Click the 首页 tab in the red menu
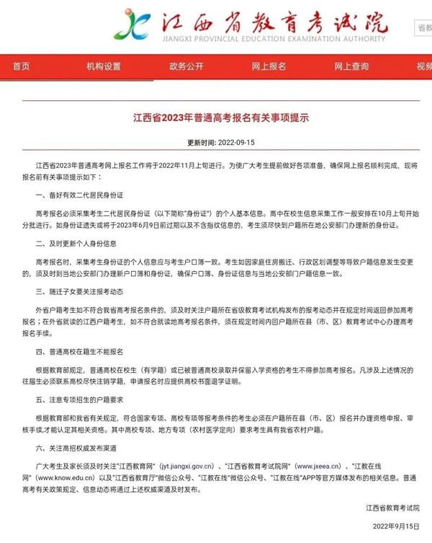coord(22,66)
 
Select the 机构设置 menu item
coord(104,66)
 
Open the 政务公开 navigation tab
coord(186,66)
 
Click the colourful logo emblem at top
coord(135,25)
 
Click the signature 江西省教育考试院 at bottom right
coord(392,508)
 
